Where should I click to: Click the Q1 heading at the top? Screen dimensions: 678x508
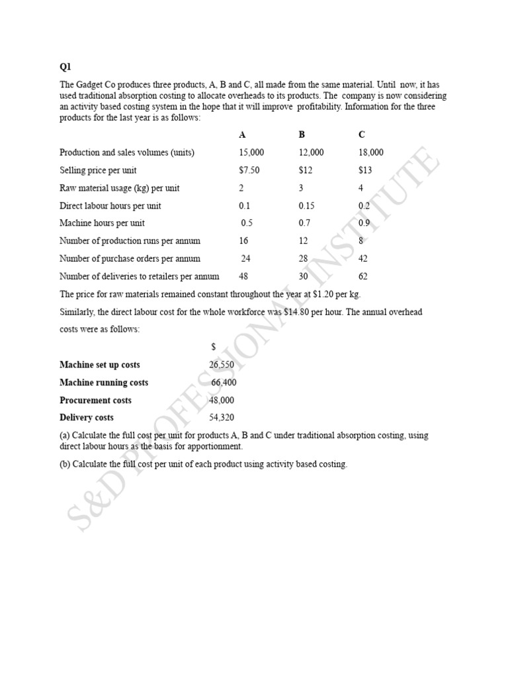(x=65, y=67)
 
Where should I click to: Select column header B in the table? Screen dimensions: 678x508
(x=302, y=134)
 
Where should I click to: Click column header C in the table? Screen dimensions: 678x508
(x=361, y=134)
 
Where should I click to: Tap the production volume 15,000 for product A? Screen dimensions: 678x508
(x=251, y=152)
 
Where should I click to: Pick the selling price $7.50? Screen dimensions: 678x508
(x=249, y=170)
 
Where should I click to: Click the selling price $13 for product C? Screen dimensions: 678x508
(x=365, y=170)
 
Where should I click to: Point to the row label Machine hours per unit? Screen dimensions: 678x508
(x=102, y=223)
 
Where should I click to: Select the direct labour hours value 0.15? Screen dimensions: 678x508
(x=306, y=206)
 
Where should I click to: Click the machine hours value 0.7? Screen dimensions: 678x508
(x=304, y=223)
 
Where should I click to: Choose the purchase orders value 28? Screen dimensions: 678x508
(x=303, y=259)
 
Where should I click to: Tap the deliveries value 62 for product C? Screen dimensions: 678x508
(x=363, y=277)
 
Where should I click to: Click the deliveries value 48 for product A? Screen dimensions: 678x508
(x=243, y=277)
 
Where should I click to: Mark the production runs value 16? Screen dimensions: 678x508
(x=243, y=241)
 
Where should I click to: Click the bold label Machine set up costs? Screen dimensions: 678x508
(x=99, y=365)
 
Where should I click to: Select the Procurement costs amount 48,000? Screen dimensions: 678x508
(x=221, y=401)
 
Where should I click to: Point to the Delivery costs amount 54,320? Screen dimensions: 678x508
(x=221, y=418)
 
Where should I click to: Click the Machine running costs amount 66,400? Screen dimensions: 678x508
(x=224, y=383)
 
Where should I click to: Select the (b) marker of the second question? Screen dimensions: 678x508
(x=64, y=464)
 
